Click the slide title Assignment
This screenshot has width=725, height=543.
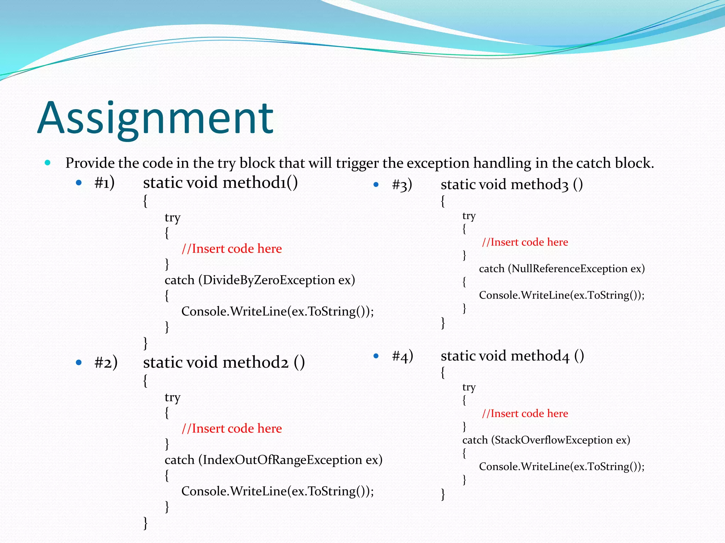coord(155,118)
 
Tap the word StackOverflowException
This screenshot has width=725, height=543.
coord(554,440)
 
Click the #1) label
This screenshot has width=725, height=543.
coord(104,183)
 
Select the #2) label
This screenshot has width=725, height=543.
coord(106,363)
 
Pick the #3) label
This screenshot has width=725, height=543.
coord(402,185)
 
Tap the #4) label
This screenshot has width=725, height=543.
coord(403,356)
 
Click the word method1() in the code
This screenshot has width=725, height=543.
coord(260,183)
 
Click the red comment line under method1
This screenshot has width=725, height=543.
coord(232,249)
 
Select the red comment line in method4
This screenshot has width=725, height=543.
coord(525,414)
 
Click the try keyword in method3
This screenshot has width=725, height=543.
coord(469,216)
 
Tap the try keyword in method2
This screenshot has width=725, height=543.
coord(172,398)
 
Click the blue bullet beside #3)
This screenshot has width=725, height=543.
coord(376,185)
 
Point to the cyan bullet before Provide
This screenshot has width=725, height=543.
coord(47,163)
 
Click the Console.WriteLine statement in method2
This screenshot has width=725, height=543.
coord(278,491)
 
